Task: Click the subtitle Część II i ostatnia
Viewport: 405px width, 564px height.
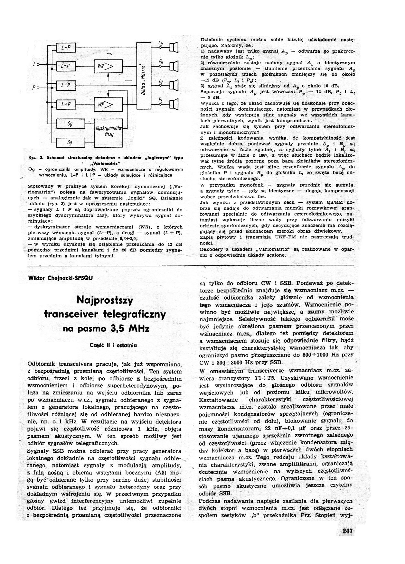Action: click(x=113, y=345)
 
